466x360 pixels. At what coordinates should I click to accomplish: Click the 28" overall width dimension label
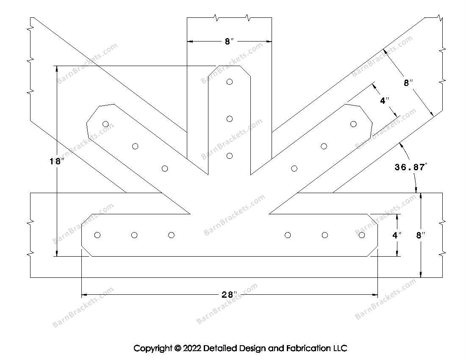229,295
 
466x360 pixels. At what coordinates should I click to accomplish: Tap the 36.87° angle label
411,167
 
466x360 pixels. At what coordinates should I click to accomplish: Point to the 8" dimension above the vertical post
229,42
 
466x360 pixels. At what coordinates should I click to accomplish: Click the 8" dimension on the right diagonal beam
408,83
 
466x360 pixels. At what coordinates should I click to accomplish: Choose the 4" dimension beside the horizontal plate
397,235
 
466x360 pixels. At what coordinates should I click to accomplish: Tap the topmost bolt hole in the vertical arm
230,82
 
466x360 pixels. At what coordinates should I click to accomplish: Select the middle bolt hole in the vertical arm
230,119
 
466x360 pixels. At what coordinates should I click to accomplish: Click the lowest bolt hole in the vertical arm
230,156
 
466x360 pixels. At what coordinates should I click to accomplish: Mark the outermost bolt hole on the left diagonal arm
105,124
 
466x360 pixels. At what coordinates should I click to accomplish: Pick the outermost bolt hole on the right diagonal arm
353,124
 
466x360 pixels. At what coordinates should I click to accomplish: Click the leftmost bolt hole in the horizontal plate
97,235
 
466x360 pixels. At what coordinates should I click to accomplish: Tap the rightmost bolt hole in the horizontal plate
361,235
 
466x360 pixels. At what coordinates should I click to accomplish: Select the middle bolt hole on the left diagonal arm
135,146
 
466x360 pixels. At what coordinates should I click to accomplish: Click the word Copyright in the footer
153,349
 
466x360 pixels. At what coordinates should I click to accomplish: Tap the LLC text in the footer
340,349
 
